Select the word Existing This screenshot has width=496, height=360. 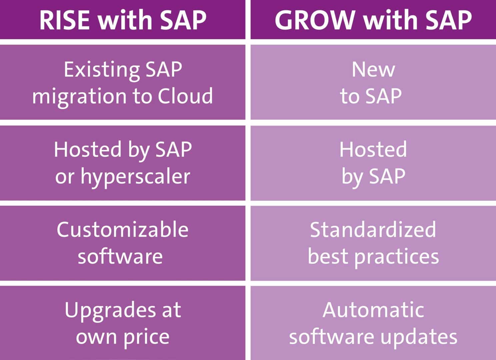pos(102,70)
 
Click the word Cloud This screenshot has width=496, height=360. pos(185,96)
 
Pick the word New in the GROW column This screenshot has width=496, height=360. pos(373,70)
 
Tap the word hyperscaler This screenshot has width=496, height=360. pos(135,177)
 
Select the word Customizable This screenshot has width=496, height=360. pos(122,230)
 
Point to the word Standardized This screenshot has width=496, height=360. pos(373,230)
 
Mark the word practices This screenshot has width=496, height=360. pos(397,257)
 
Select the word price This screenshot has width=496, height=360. pos(146,337)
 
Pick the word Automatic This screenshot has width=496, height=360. pos(373,310)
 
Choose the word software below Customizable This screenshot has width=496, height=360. pos(120,256)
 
